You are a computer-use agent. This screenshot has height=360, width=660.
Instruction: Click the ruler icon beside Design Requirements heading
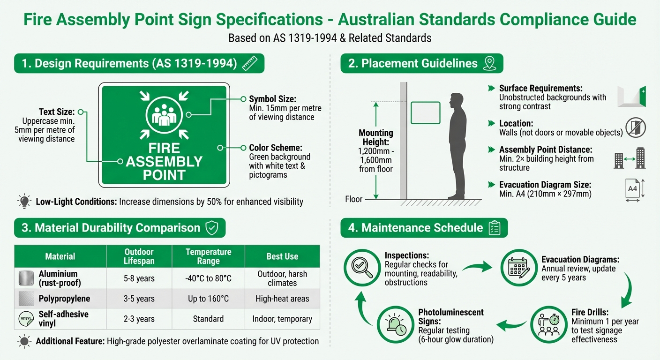point(250,64)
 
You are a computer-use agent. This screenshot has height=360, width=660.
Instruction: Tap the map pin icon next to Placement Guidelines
point(489,64)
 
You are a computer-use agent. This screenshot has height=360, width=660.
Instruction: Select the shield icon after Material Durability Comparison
point(212,228)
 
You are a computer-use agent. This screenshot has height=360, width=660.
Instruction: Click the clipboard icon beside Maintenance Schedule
point(494,228)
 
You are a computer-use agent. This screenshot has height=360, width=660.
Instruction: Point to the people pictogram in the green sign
point(164,115)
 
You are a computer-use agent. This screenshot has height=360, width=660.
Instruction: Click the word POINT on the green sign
point(164,176)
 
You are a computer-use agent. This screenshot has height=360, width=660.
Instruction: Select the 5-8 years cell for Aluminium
point(139,278)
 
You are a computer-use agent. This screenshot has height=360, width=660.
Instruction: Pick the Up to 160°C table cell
point(208,299)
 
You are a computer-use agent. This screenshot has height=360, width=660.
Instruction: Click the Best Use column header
point(282,256)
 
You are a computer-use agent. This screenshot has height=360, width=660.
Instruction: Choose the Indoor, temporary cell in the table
point(282,319)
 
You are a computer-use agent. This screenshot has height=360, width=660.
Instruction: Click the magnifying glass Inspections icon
point(362,268)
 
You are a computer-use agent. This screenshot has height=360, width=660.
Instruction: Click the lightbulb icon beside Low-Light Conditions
point(23,202)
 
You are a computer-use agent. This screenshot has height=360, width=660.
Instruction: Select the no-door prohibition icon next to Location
point(636,127)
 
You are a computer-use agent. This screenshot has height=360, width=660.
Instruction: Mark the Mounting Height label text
point(375,137)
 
